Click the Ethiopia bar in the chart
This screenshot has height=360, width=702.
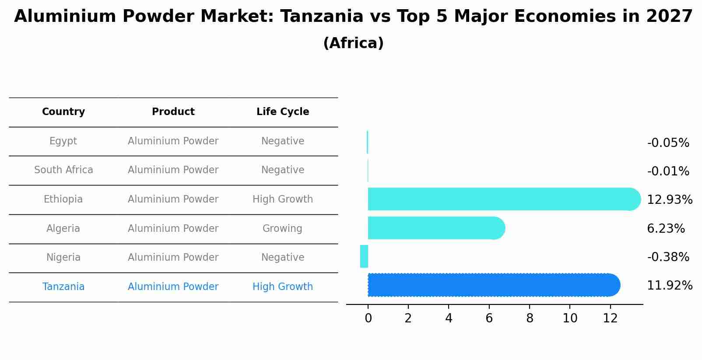click(504, 199)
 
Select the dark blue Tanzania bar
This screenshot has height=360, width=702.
click(494, 285)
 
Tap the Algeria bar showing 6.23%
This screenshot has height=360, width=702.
click(436, 228)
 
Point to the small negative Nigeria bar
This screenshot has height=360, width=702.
click(364, 256)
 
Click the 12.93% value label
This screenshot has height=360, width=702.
click(670, 199)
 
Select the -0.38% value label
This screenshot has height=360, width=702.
click(668, 257)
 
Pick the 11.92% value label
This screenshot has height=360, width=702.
click(670, 286)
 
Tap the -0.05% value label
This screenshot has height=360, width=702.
click(668, 143)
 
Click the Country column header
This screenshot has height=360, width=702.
click(63, 112)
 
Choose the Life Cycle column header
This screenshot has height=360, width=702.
click(283, 112)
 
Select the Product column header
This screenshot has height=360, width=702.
click(173, 112)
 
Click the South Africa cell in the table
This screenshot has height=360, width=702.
click(63, 170)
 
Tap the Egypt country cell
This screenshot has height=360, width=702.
click(63, 141)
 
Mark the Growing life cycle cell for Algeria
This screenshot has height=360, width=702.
click(282, 228)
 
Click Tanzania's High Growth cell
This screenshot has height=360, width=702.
click(283, 287)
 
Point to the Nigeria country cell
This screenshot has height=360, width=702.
click(63, 258)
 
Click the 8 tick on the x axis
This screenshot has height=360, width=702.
click(530, 318)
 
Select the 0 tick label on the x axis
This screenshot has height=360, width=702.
click(368, 318)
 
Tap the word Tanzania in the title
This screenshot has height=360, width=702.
click(322, 16)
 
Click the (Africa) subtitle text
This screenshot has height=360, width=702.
click(353, 43)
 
